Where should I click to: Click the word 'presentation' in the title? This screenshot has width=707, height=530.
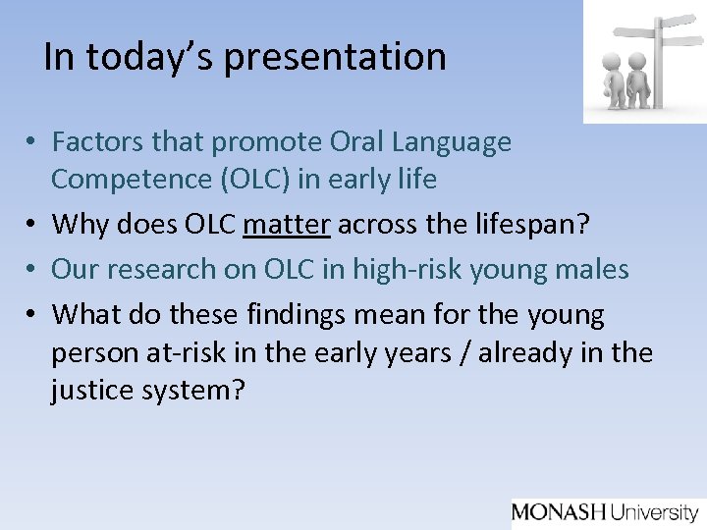(x=335, y=58)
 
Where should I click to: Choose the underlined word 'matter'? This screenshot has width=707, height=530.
(x=286, y=224)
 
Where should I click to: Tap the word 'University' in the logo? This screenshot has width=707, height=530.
(x=654, y=512)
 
